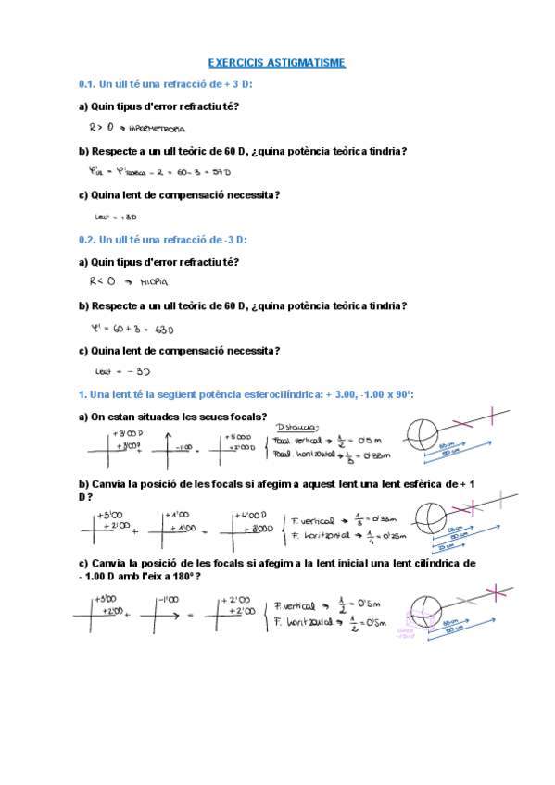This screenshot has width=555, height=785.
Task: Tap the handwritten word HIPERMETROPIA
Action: pyautogui.click(x=156, y=129)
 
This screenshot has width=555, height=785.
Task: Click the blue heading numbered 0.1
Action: pyautogui.click(x=166, y=85)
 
